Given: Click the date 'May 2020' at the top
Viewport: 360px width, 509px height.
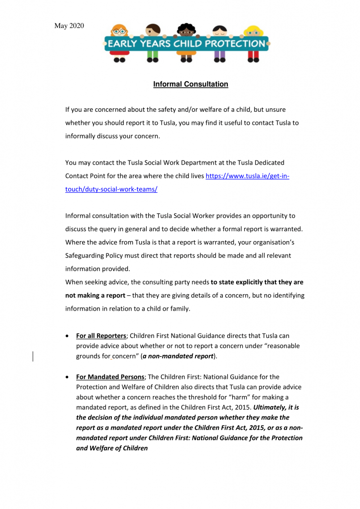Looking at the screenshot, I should pos(69,26).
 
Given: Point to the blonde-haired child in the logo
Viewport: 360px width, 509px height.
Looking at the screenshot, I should pos(254,30).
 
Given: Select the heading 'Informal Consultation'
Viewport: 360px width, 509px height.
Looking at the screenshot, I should pos(190,84).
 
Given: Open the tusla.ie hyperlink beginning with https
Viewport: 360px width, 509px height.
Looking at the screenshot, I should pos(247,176).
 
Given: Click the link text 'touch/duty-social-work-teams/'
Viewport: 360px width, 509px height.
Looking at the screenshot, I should pos(111,190).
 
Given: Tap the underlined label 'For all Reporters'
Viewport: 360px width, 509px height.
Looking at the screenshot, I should pos(101,336).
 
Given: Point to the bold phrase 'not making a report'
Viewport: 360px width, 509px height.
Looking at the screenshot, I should pos(95,295).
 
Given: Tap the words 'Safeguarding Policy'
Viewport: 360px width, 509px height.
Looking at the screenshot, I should pos(95,255).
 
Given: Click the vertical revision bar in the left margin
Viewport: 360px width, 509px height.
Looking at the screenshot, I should pos(33,356).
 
